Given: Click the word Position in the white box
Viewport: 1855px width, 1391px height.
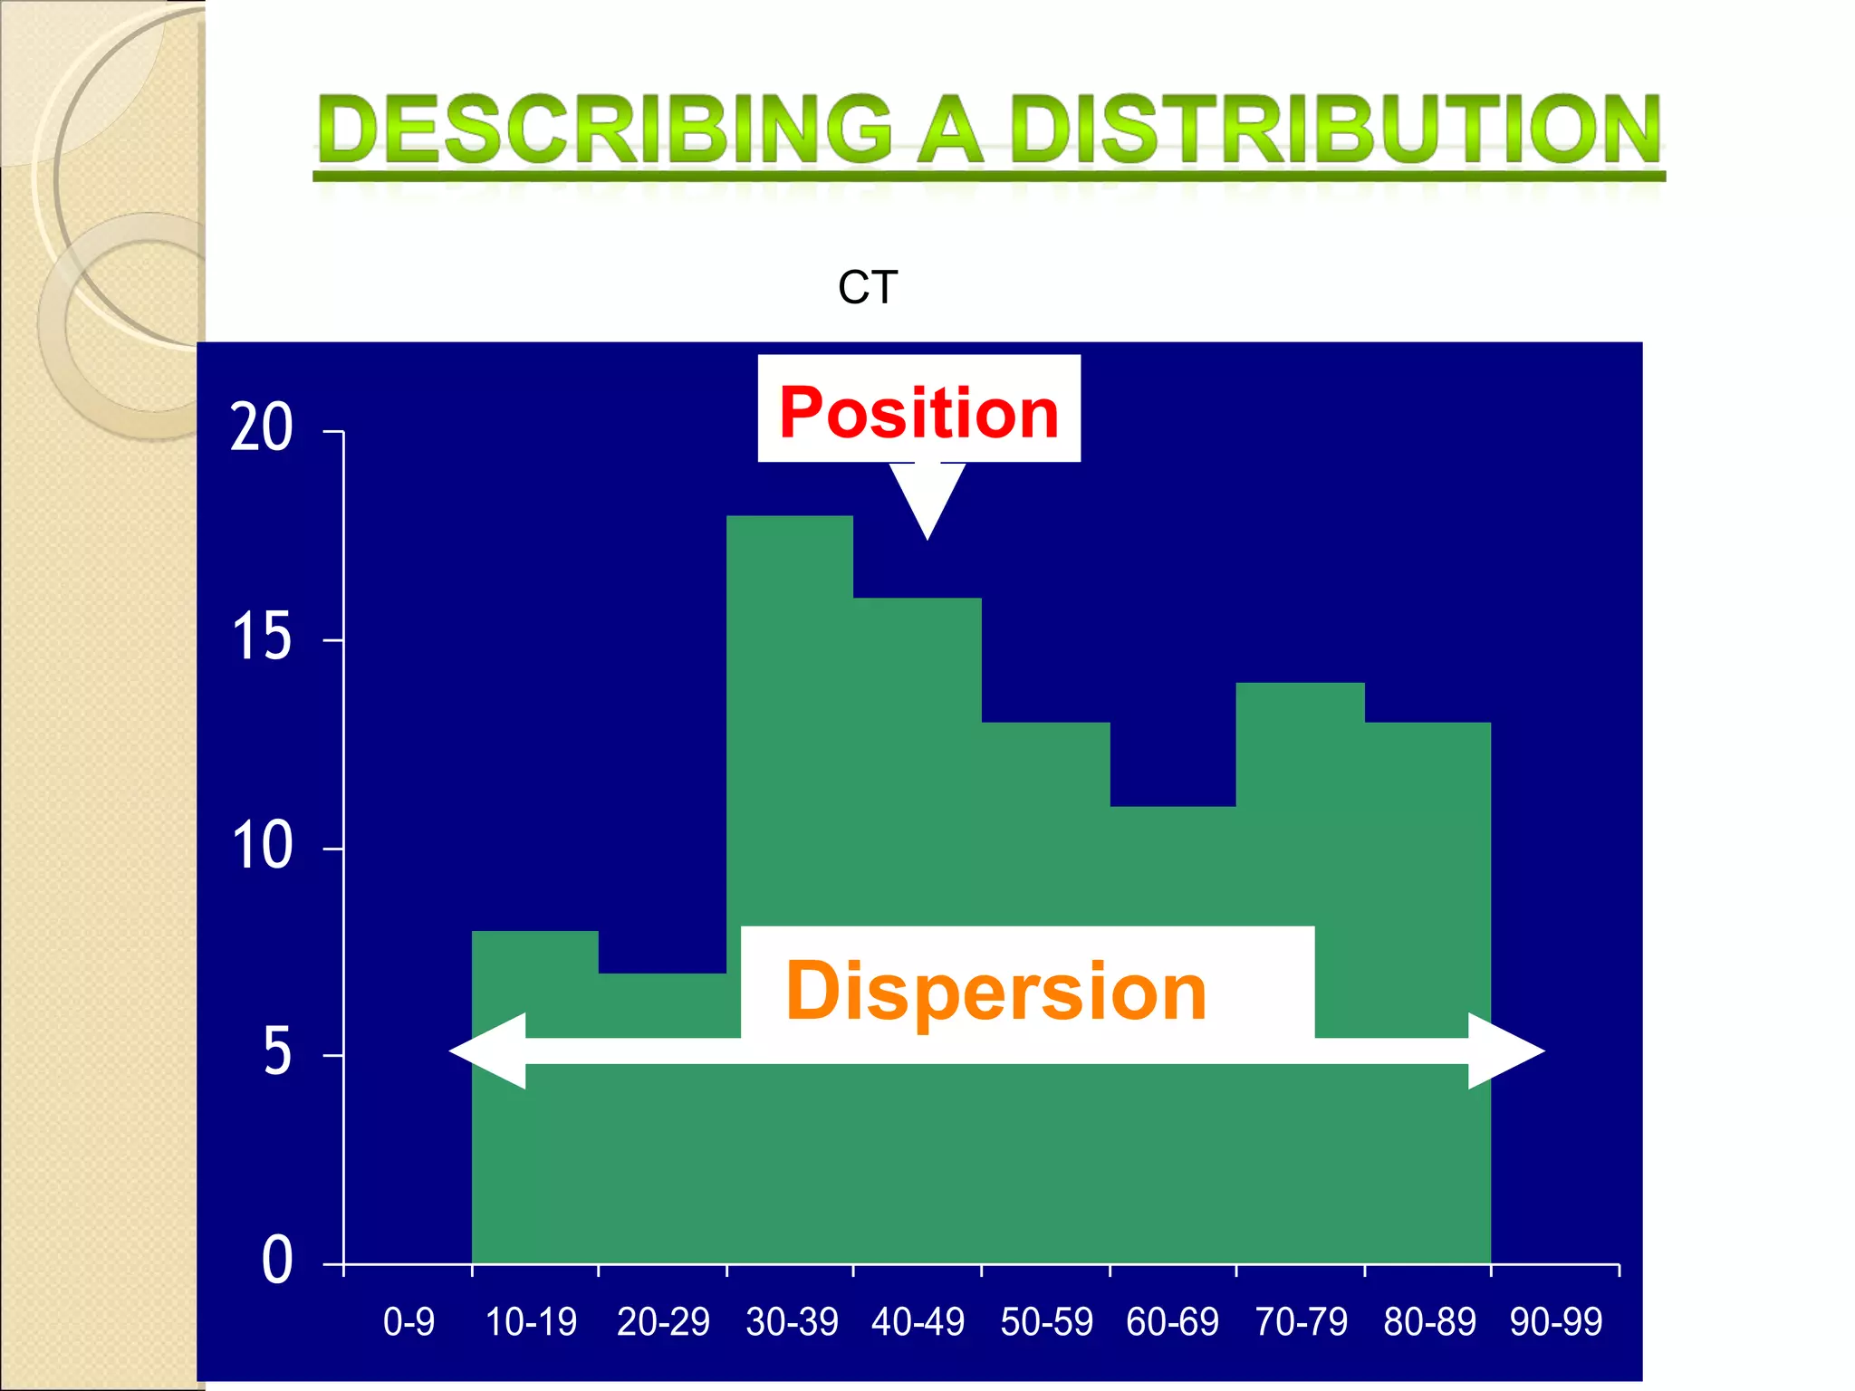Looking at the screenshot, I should click(x=918, y=413).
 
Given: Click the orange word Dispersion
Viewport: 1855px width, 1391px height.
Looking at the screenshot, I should click(x=995, y=992).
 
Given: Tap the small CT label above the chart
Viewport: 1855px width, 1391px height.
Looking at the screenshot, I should click(x=868, y=288).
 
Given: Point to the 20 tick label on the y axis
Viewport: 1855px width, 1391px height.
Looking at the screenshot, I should click(x=262, y=427).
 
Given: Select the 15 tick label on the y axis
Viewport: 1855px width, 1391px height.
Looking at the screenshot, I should click(x=262, y=637).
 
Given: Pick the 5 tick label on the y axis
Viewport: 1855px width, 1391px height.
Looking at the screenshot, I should click(x=277, y=1053).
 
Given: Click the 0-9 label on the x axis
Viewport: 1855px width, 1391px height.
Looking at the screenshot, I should click(x=408, y=1322).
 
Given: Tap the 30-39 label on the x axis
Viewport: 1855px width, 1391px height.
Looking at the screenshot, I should click(x=792, y=1322).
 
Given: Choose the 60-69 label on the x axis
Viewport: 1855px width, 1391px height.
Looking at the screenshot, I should click(x=1172, y=1322).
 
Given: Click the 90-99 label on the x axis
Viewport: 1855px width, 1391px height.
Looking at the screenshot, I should click(x=1555, y=1322).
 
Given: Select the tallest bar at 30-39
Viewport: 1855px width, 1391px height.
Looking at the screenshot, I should click(x=789, y=724).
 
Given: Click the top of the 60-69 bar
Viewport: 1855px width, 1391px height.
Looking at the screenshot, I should click(x=1172, y=809).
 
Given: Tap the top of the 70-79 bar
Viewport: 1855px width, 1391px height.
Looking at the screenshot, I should click(x=1300, y=686).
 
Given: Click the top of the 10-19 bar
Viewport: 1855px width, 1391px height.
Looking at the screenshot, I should click(x=534, y=934).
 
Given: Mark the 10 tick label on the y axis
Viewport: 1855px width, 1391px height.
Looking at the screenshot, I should click(x=262, y=846).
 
